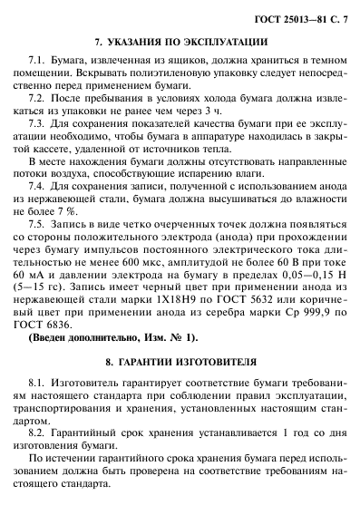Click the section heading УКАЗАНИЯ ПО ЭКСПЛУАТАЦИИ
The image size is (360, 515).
pos(180,42)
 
